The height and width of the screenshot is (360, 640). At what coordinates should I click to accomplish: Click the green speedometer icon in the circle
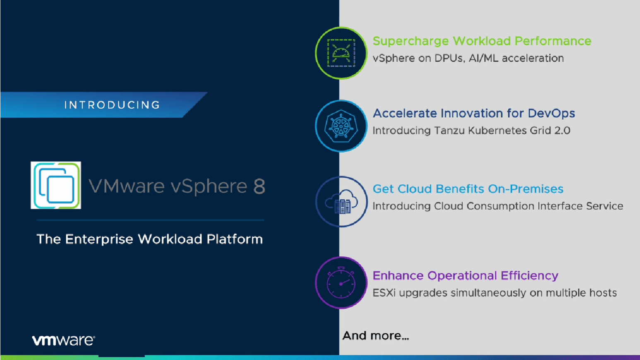point(341,53)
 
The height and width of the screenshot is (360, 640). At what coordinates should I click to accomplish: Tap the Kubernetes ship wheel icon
point(341,126)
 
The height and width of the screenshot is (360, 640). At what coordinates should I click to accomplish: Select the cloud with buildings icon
point(342,202)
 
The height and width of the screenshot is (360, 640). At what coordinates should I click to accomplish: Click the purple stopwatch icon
point(341,283)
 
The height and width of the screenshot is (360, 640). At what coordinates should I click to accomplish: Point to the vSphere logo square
point(56,185)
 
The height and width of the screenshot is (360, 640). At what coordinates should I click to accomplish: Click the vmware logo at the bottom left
point(63,340)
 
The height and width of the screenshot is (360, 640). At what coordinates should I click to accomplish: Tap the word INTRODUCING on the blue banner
point(112,105)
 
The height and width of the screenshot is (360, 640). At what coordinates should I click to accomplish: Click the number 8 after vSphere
point(259,186)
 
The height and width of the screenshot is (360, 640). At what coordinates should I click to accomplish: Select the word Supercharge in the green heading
point(411,41)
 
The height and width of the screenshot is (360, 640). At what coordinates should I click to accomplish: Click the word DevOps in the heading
point(551,114)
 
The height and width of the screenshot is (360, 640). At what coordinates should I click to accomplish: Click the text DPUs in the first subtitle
point(448,58)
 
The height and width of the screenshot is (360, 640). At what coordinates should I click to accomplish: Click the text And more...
point(375,336)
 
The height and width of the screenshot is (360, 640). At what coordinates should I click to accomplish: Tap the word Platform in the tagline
point(235,239)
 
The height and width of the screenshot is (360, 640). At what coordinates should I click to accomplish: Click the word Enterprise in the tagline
point(99,239)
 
